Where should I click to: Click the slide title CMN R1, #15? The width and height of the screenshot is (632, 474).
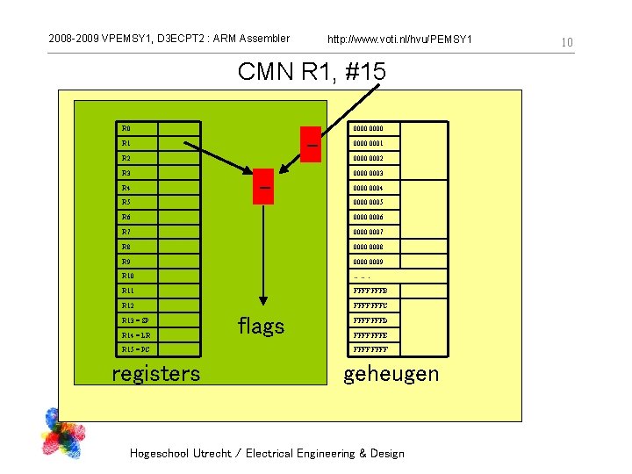tap(312, 71)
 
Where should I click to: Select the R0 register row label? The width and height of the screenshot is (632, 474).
tap(126, 128)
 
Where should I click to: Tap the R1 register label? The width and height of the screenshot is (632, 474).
tap(126, 143)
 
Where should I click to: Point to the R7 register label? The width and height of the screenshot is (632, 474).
tap(126, 232)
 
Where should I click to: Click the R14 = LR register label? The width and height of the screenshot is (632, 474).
tap(136, 335)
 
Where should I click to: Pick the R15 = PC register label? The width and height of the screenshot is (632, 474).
tap(136, 349)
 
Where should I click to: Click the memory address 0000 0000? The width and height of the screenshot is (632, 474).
tap(368, 128)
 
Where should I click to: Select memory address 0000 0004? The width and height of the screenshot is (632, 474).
tap(368, 188)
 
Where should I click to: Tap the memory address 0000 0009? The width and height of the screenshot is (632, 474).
tap(368, 262)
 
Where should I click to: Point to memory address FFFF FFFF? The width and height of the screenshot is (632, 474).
tap(370, 349)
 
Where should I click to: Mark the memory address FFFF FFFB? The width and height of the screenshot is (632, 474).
tap(370, 291)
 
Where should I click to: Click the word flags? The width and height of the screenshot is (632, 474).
tap(261, 327)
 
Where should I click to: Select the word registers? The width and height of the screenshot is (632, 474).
tap(155, 374)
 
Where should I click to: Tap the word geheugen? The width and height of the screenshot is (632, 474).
tap(391, 374)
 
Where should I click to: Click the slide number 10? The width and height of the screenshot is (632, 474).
tap(567, 42)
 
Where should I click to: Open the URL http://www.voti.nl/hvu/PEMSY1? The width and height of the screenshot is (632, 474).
tap(399, 39)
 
